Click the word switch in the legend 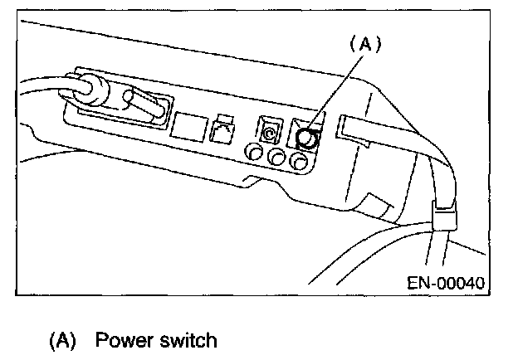(188, 340)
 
